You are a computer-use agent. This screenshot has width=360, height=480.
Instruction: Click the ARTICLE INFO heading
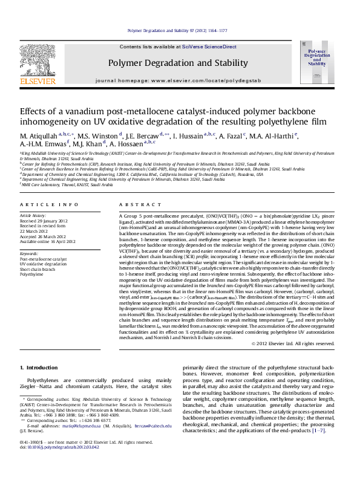coord(49,205)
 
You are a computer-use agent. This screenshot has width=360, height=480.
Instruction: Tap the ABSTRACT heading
coord(137,205)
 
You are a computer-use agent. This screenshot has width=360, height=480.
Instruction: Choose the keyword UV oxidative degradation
coord(44,264)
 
